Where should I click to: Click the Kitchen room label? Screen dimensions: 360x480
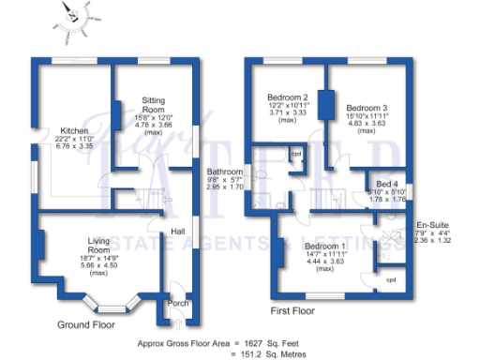(x=74, y=130)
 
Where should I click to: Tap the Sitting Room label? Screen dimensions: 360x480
(x=155, y=104)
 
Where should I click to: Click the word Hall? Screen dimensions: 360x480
(x=177, y=232)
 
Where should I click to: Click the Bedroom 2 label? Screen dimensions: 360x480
(x=288, y=97)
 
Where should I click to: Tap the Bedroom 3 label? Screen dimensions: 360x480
(x=367, y=108)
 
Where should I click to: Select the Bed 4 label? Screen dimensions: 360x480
(x=388, y=184)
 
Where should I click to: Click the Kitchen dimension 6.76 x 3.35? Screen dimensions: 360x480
(x=74, y=145)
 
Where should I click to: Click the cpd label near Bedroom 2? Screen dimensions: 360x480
(x=295, y=154)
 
